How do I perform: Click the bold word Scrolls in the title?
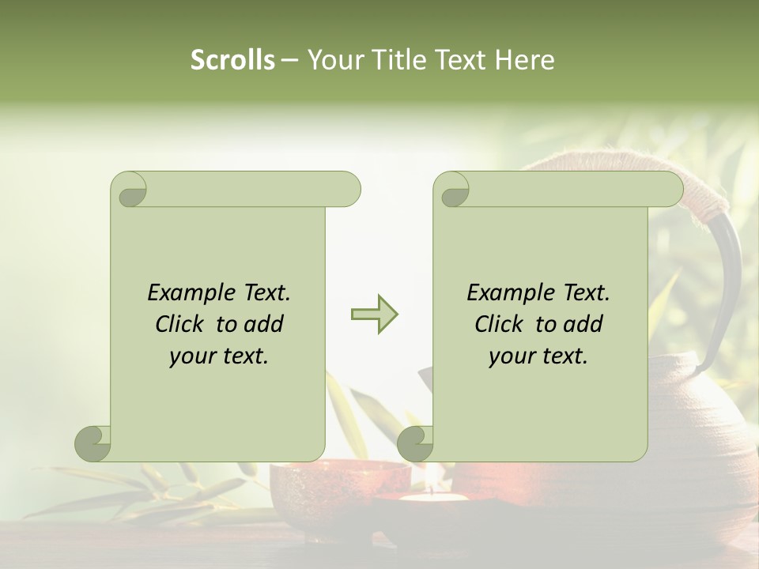point(232,60)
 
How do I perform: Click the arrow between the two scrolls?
point(374,315)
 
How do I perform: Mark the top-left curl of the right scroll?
point(453,190)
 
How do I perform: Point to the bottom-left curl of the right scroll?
point(415,443)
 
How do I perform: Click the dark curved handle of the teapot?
point(729,284)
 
